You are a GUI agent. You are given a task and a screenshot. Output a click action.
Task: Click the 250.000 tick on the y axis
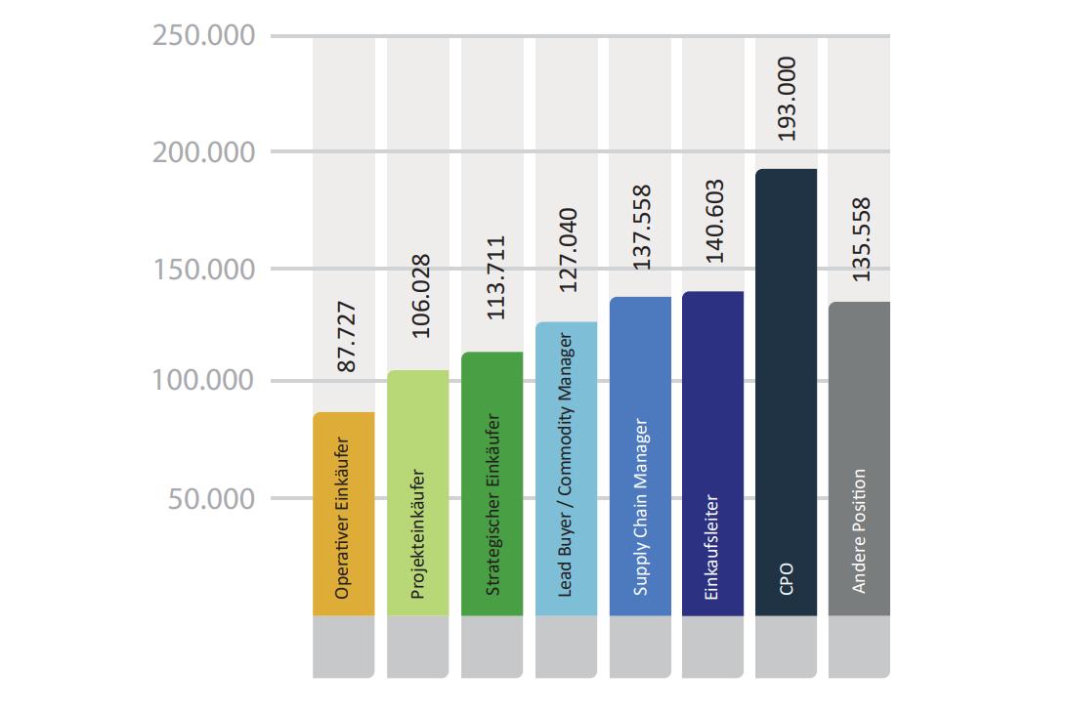203,36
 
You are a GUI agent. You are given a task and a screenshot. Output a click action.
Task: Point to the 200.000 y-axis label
203,152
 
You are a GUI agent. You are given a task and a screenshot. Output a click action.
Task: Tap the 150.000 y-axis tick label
203,269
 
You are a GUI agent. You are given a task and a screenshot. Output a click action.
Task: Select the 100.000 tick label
203,381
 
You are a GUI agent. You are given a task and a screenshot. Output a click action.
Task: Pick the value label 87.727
345,338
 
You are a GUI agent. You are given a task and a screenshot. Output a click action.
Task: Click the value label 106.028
420,297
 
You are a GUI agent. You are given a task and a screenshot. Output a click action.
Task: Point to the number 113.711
495,278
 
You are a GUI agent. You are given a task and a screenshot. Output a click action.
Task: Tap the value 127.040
568,250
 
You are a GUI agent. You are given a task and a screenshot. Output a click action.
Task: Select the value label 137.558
641,228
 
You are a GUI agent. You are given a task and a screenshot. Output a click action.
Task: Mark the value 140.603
714,221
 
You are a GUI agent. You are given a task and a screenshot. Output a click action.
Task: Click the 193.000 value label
787,98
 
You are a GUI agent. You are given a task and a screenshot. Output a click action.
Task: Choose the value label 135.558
861,240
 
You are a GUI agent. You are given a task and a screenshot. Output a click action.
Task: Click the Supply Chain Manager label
640,508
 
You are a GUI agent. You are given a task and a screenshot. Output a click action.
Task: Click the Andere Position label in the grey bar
859,531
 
